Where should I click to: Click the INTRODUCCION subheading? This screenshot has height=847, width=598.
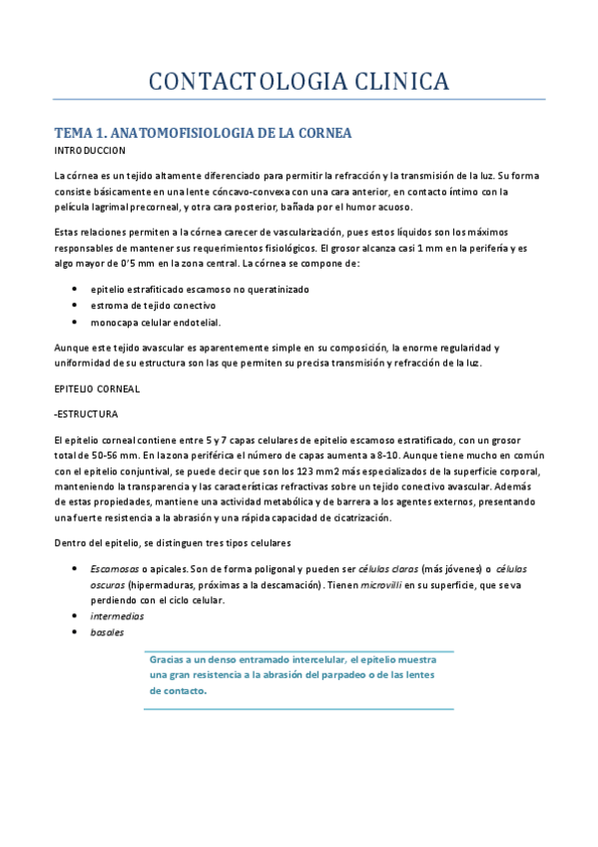(x=90, y=150)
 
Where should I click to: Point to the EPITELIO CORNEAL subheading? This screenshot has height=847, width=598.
(x=97, y=387)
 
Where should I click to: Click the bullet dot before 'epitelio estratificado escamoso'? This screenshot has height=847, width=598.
(x=76, y=289)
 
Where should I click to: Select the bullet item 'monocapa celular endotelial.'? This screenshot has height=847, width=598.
(x=156, y=323)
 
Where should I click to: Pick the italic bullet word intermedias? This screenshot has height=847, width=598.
(x=117, y=616)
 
